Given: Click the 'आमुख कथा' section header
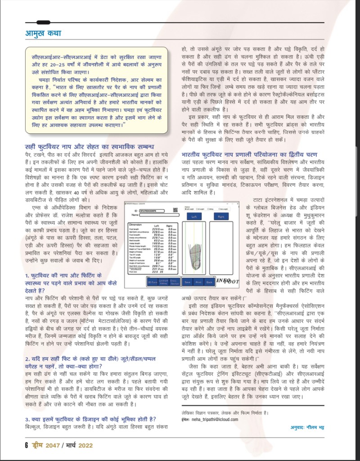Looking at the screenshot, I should coord(42,33).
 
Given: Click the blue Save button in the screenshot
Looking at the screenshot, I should coord(185,282).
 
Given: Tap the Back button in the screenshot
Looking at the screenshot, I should coord(209,282).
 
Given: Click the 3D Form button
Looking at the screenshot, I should coord(153,282).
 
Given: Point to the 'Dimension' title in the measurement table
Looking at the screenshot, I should coord(135,224).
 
